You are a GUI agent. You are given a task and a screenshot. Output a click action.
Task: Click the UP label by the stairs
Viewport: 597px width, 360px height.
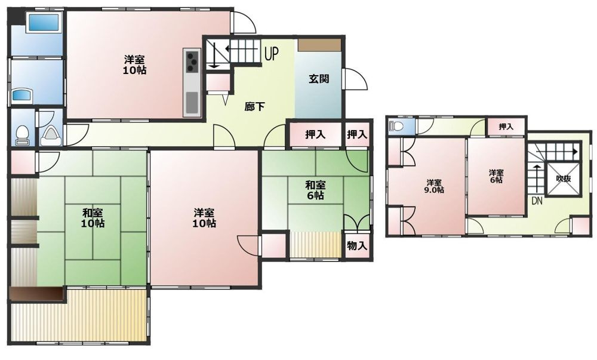[272, 54]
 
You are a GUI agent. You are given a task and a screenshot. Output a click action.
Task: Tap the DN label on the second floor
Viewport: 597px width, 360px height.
[537, 201]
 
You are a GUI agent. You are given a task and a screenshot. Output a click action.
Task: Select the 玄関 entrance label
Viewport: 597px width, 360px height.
[319, 79]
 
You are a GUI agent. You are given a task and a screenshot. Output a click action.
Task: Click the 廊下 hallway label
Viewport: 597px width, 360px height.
[254, 107]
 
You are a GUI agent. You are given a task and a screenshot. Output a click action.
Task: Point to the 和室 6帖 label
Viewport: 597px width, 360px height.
[315, 190]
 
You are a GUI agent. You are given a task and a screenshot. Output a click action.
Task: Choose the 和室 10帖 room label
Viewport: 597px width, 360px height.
[93, 218]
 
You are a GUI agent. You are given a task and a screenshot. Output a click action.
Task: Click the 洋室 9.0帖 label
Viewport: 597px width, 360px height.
[435, 186]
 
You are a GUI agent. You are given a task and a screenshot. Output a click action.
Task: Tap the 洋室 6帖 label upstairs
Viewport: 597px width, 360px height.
[496, 176]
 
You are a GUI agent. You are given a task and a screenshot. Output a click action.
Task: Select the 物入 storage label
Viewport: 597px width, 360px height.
[357, 246]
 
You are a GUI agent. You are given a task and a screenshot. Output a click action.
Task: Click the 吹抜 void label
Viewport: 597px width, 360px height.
[564, 179]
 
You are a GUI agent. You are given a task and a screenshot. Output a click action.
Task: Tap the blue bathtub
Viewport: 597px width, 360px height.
[43, 23]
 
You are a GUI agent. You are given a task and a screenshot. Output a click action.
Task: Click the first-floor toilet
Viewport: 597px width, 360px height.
[22, 136]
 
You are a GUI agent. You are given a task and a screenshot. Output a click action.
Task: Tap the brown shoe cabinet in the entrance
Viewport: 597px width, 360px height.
[319, 45]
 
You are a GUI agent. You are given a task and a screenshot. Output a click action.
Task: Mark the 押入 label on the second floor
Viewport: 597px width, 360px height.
[506, 127]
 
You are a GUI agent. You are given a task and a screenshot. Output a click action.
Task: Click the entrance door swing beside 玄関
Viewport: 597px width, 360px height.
[356, 79]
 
